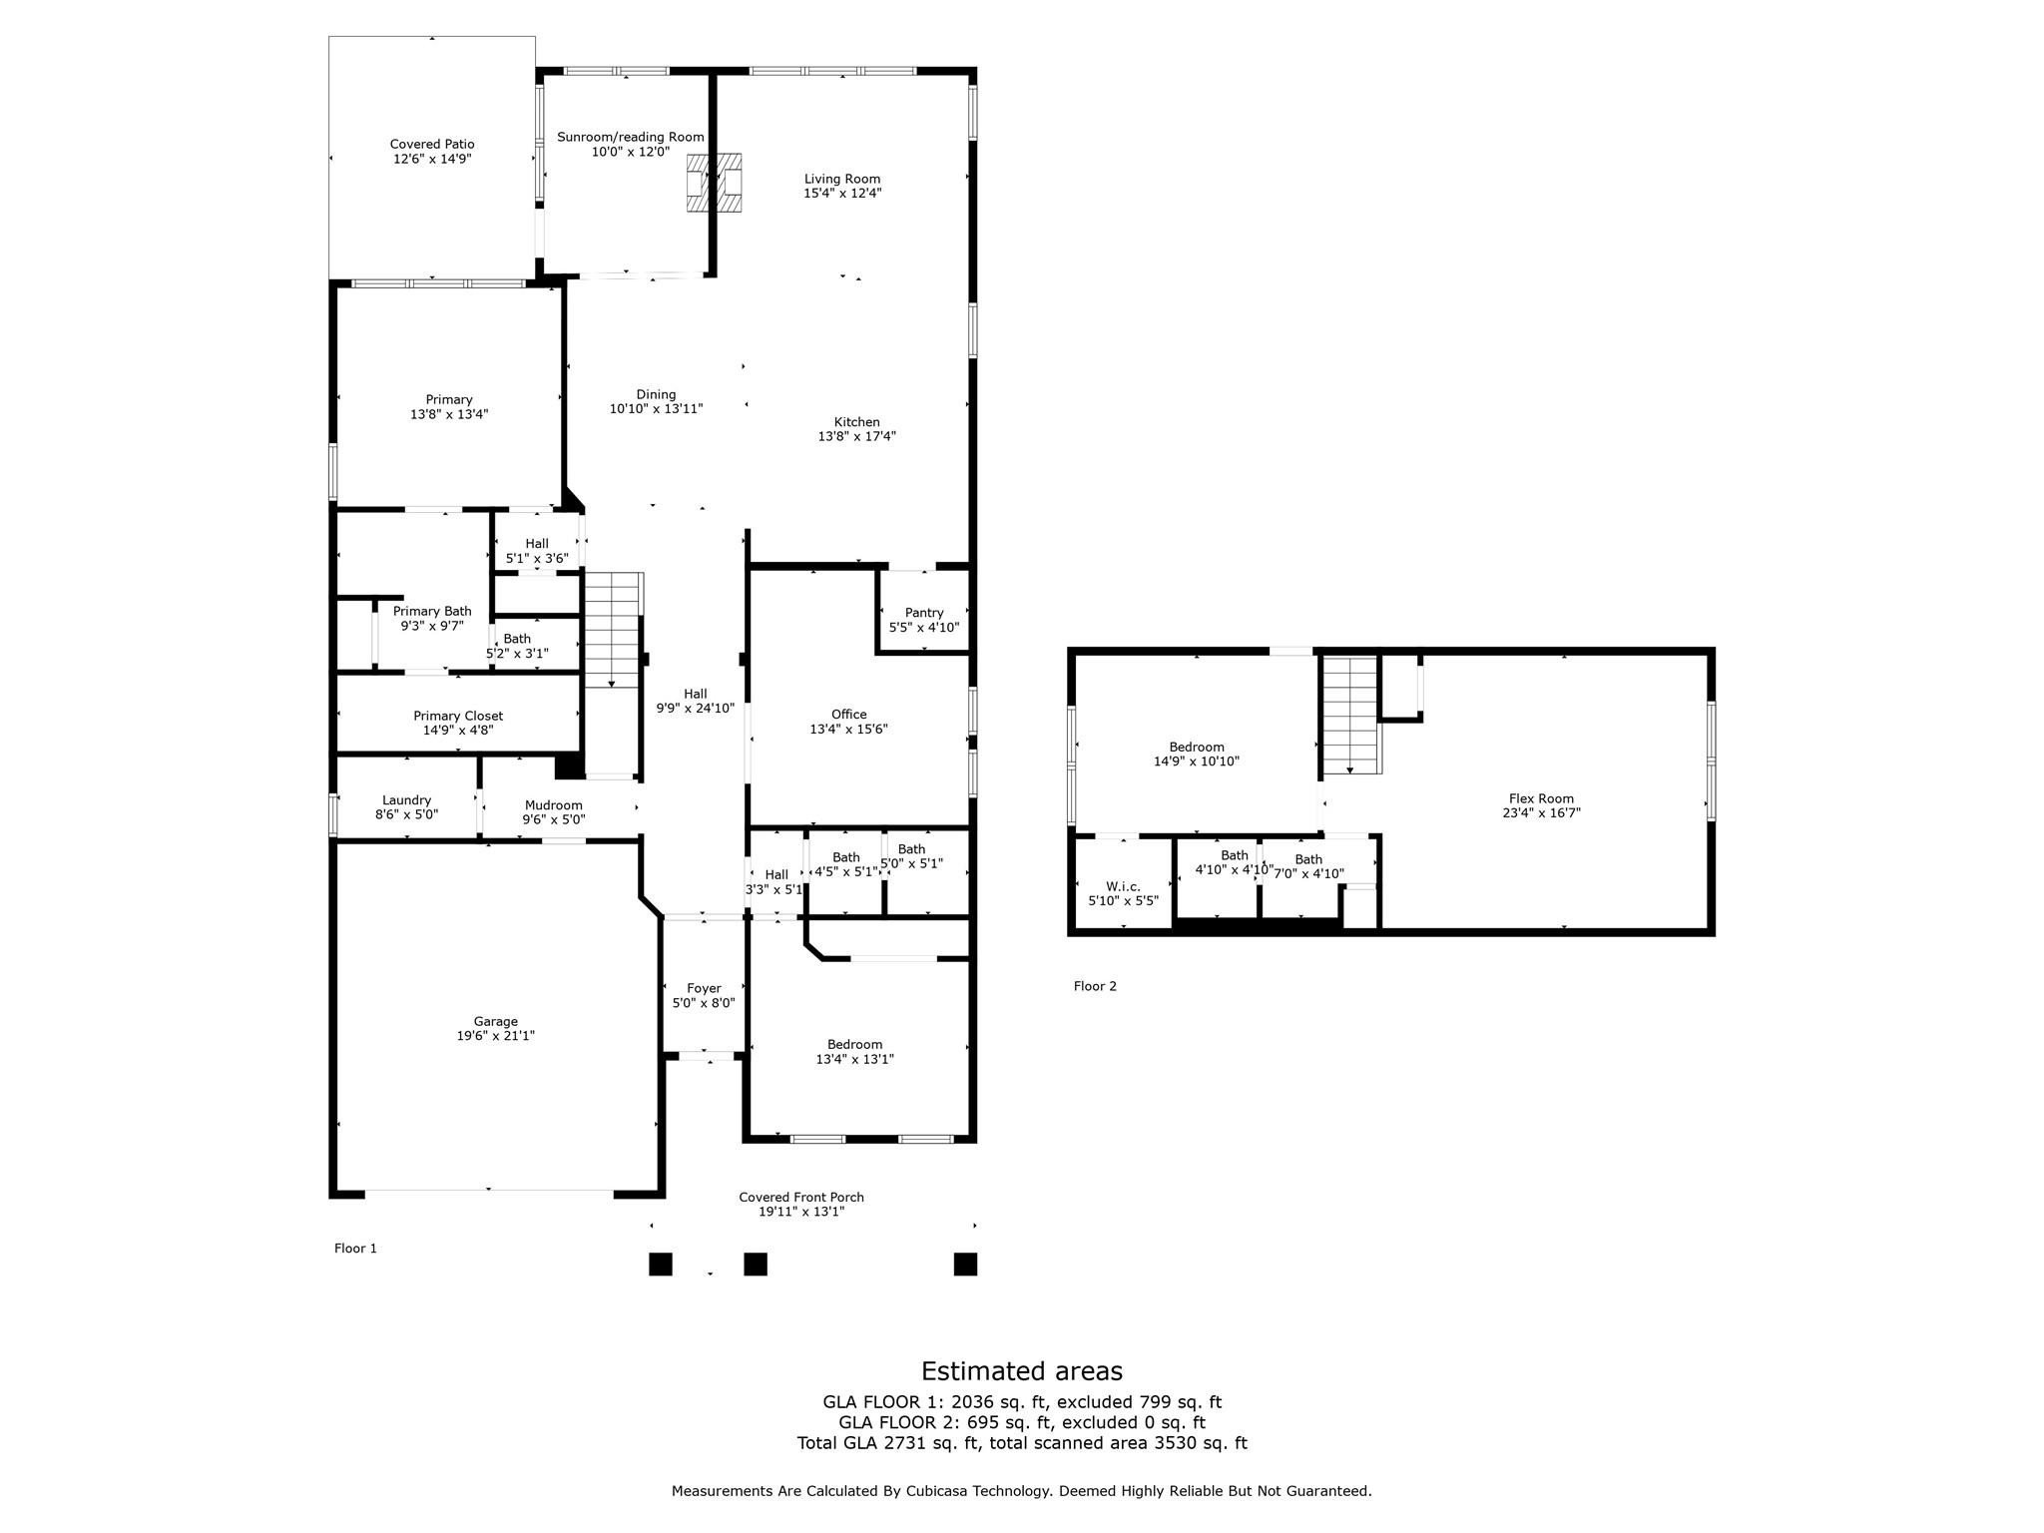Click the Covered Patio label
[x=431, y=145]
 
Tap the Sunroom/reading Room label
[x=630, y=138]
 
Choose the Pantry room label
[x=924, y=613]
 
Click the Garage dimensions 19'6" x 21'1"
[x=495, y=1036]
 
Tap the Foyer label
[x=704, y=988]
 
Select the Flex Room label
[x=1541, y=798]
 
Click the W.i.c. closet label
[x=1123, y=886]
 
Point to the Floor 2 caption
[x=1095, y=986]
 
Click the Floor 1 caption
[x=355, y=1249]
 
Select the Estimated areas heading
[x=1021, y=1371]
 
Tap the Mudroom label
[x=553, y=805]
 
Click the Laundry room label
[x=406, y=800]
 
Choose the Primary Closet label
[x=458, y=716]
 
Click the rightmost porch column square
[x=965, y=1265]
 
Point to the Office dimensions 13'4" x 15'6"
[x=848, y=730]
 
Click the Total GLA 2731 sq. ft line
[x=1021, y=1443]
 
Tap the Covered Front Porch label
[x=800, y=1197]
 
